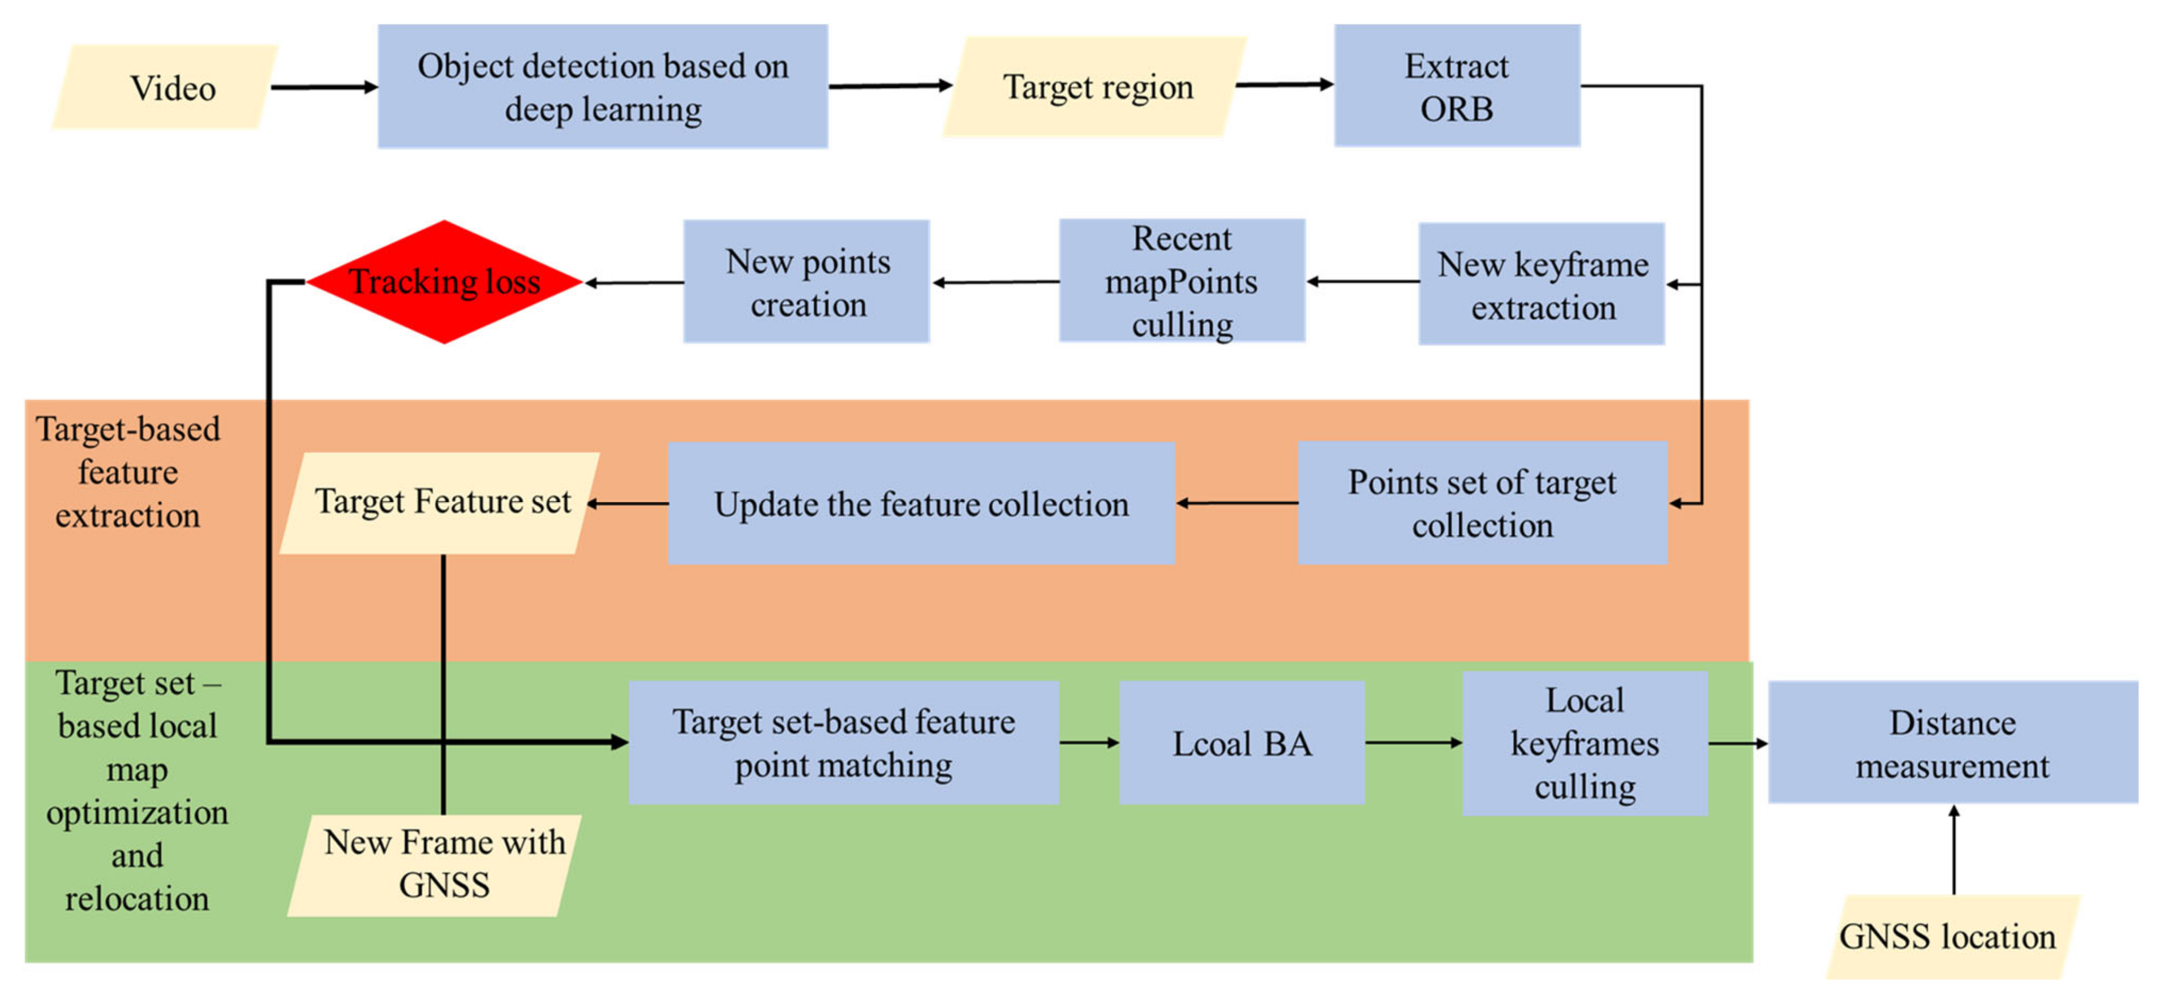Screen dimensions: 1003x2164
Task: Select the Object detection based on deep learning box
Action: [x=602, y=87]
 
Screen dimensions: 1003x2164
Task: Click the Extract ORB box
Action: [x=1456, y=87]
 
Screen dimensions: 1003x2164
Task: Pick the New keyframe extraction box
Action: [x=1541, y=284]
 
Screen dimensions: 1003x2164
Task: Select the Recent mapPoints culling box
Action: [x=1180, y=281]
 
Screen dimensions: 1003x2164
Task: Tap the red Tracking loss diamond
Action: [x=444, y=282]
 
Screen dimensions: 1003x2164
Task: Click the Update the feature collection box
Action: [x=921, y=503]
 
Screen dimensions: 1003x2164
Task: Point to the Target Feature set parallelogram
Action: [x=440, y=502]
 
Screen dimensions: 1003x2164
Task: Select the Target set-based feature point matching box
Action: [x=843, y=743]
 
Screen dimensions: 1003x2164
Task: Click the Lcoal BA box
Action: [x=1241, y=743]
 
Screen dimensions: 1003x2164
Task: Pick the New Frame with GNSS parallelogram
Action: [x=437, y=864]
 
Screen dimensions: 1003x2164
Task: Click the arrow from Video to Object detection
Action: [x=324, y=87]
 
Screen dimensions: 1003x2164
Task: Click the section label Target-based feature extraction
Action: [x=128, y=472]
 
